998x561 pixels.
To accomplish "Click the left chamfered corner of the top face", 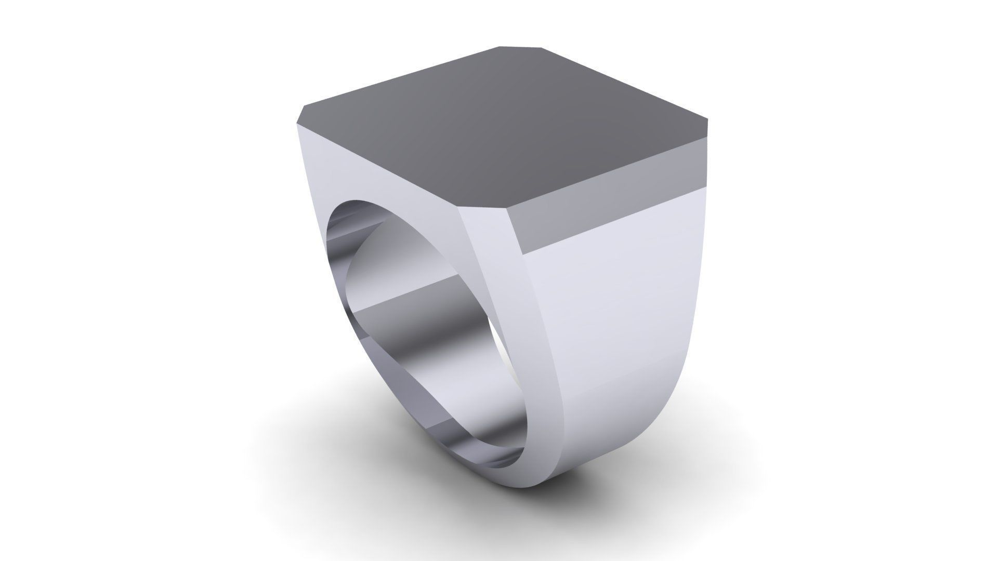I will (x=300, y=115).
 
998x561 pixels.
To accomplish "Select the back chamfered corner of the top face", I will (x=521, y=47).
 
